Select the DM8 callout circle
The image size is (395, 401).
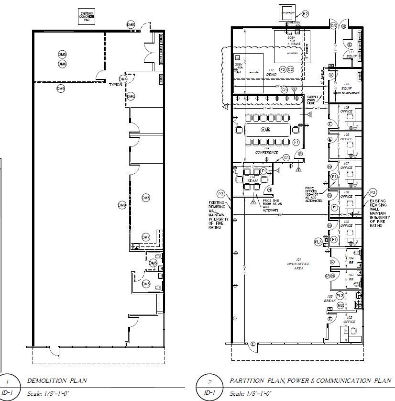coord(131,24)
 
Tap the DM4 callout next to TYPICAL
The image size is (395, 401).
coord(123,79)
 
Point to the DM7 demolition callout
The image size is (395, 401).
coord(146,237)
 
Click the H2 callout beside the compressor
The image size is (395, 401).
coord(305,14)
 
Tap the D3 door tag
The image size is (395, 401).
coord(334,25)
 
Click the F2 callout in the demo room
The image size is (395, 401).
coord(283,69)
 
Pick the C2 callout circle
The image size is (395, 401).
coord(290,69)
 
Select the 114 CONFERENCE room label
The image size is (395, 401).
coord(266,150)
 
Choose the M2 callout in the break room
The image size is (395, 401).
coord(340,305)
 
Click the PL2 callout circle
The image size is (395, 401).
coord(340,296)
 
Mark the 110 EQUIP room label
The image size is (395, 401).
coord(346,88)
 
